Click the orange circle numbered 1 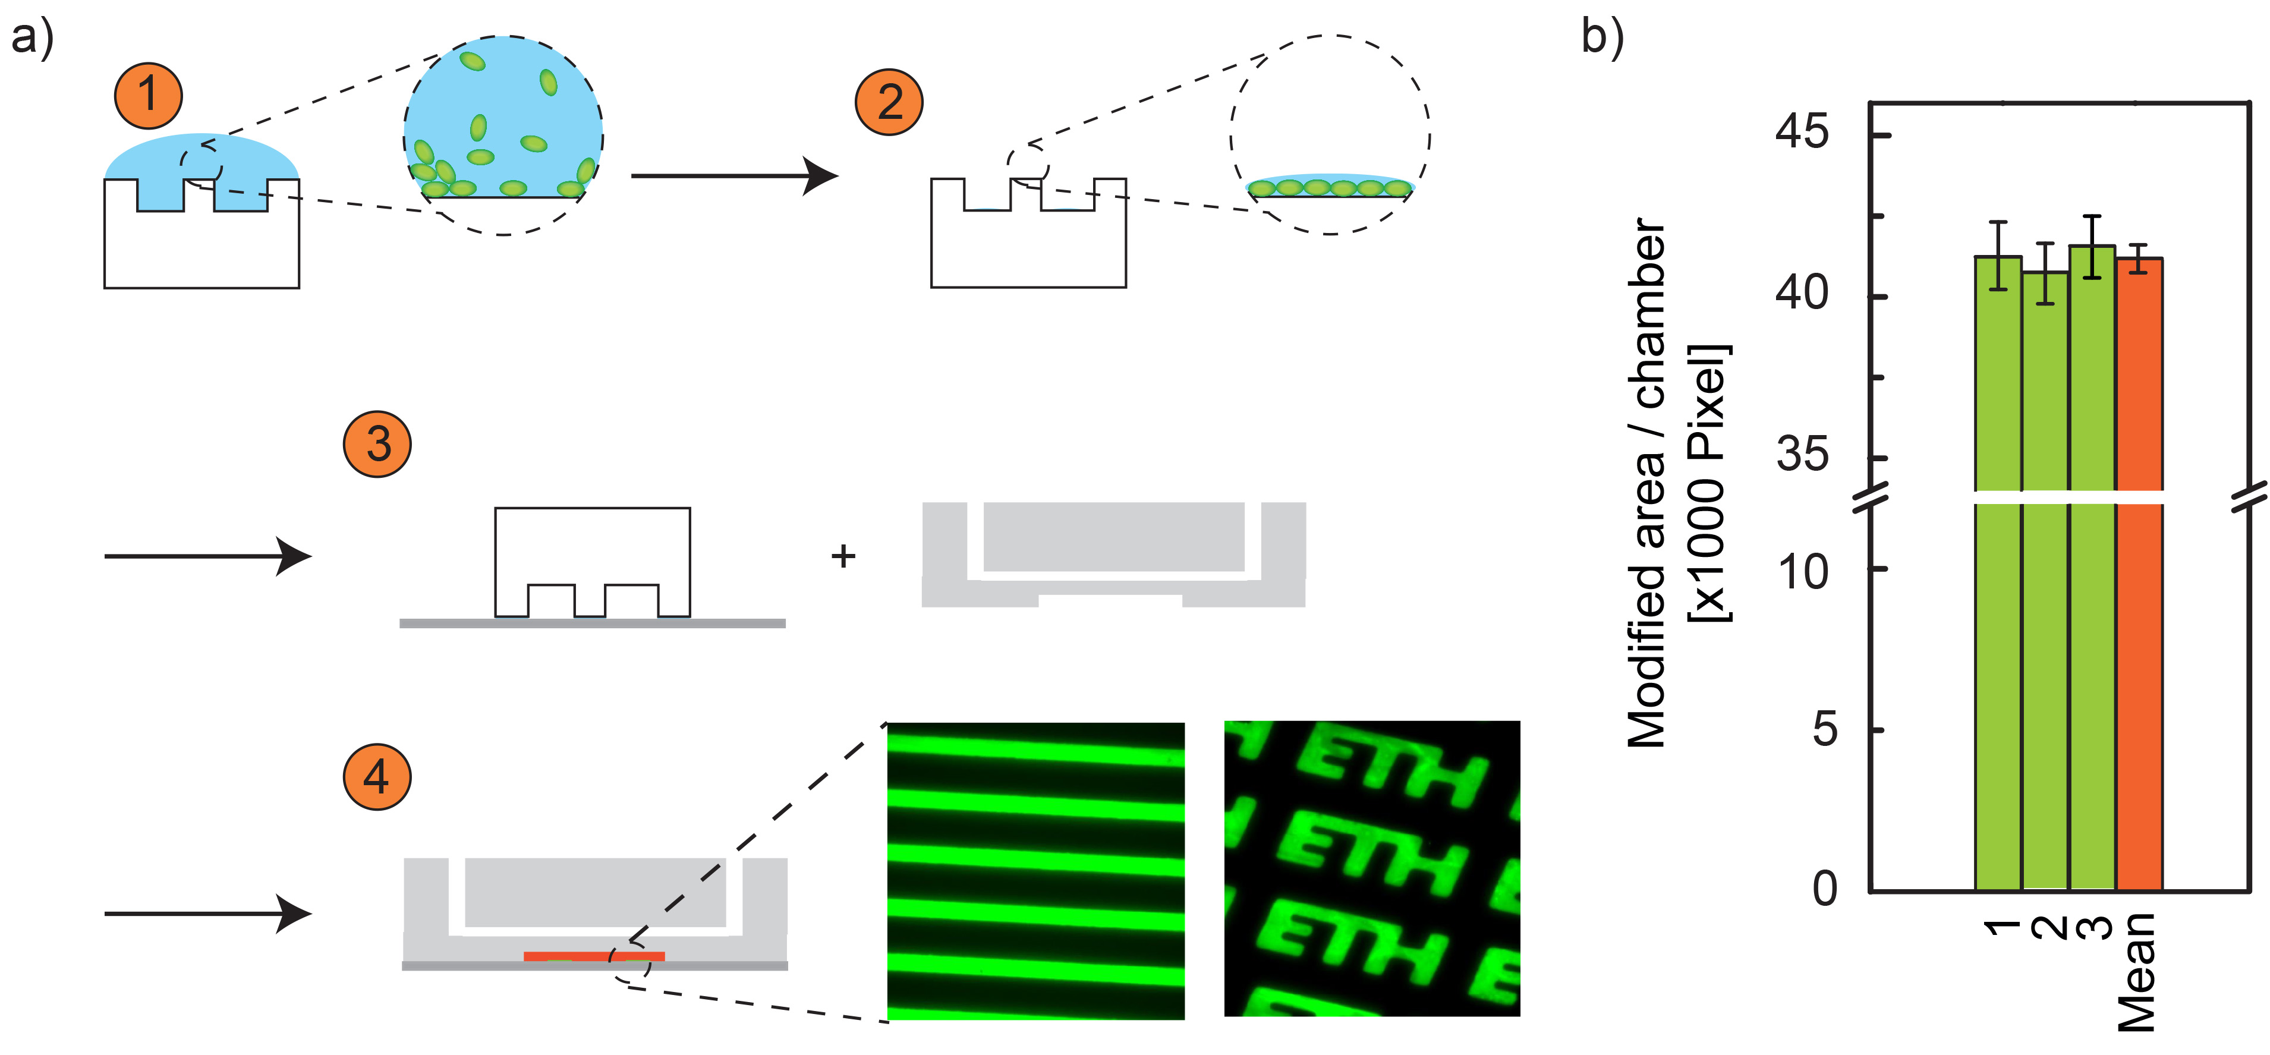[148, 95]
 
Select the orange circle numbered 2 [889, 102]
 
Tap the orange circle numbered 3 [377, 443]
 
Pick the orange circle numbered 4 [377, 776]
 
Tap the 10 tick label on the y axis [1803, 572]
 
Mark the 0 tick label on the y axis [1824, 889]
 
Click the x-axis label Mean [2137, 972]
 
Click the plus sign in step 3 [843, 556]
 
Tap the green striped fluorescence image [1035, 871]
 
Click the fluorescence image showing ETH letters [1372, 869]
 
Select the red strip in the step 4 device [594, 955]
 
